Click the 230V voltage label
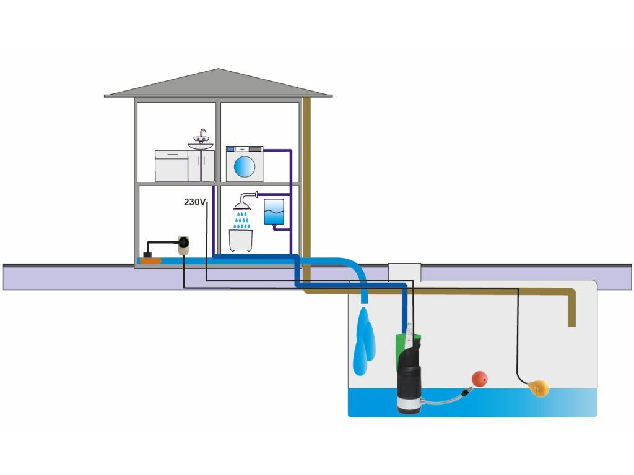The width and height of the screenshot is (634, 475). (194, 202)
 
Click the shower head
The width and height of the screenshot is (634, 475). (242, 204)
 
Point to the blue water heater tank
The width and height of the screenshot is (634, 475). (274, 212)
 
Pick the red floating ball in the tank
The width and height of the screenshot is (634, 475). (480, 379)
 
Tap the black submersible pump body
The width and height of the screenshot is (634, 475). (409, 377)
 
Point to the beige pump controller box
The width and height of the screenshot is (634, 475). (183, 246)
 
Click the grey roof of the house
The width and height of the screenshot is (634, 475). (218, 84)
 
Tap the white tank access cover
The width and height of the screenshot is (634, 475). (404, 272)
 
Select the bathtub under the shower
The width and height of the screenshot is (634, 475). (243, 239)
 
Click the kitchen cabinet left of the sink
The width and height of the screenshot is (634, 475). (171, 166)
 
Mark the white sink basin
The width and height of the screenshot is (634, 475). (201, 147)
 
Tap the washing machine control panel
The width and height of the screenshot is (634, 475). (245, 149)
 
